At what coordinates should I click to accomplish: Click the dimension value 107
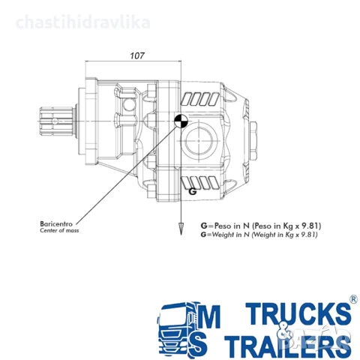click(x=136, y=55)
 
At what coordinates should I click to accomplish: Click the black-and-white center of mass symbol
click(x=181, y=122)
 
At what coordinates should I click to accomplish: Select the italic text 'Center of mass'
click(x=59, y=231)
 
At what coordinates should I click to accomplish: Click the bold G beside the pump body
click(x=193, y=191)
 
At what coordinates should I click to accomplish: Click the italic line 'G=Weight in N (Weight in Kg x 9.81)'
click(x=259, y=235)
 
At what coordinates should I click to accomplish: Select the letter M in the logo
click(x=212, y=314)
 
